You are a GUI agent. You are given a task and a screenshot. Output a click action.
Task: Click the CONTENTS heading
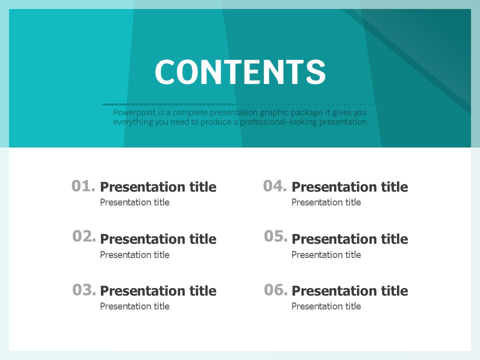[240, 72]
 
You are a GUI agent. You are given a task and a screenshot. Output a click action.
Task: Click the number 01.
[83, 186]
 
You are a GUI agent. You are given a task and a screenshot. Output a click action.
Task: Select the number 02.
[84, 236]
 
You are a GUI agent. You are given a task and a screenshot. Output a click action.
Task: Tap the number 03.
[84, 289]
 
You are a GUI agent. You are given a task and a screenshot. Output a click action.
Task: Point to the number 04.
[275, 186]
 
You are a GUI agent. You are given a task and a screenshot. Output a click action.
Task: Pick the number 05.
[276, 236]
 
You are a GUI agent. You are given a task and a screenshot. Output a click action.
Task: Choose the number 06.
[276, 289]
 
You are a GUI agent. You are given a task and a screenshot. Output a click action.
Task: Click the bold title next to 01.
[158, 186]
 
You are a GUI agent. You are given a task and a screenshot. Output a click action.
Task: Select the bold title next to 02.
[158, 239]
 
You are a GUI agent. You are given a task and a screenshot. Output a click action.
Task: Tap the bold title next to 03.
[158, 291]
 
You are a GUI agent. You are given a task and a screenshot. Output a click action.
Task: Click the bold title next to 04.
[350, 186]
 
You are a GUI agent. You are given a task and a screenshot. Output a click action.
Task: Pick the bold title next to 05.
[350, 239]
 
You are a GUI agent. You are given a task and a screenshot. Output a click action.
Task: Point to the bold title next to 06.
[350, 291]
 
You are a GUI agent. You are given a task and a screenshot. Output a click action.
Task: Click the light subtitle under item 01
[134, 202]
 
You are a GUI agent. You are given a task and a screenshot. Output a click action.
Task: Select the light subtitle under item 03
[134, 306]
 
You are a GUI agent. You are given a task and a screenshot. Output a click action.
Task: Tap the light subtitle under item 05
[326, 254]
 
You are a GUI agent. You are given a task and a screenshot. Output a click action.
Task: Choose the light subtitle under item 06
[326, 306]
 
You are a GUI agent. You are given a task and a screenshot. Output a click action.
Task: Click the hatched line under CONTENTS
[240, 104]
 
